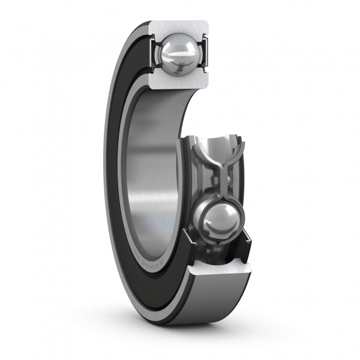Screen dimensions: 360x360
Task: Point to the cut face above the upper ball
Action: [x=180, y=28]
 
